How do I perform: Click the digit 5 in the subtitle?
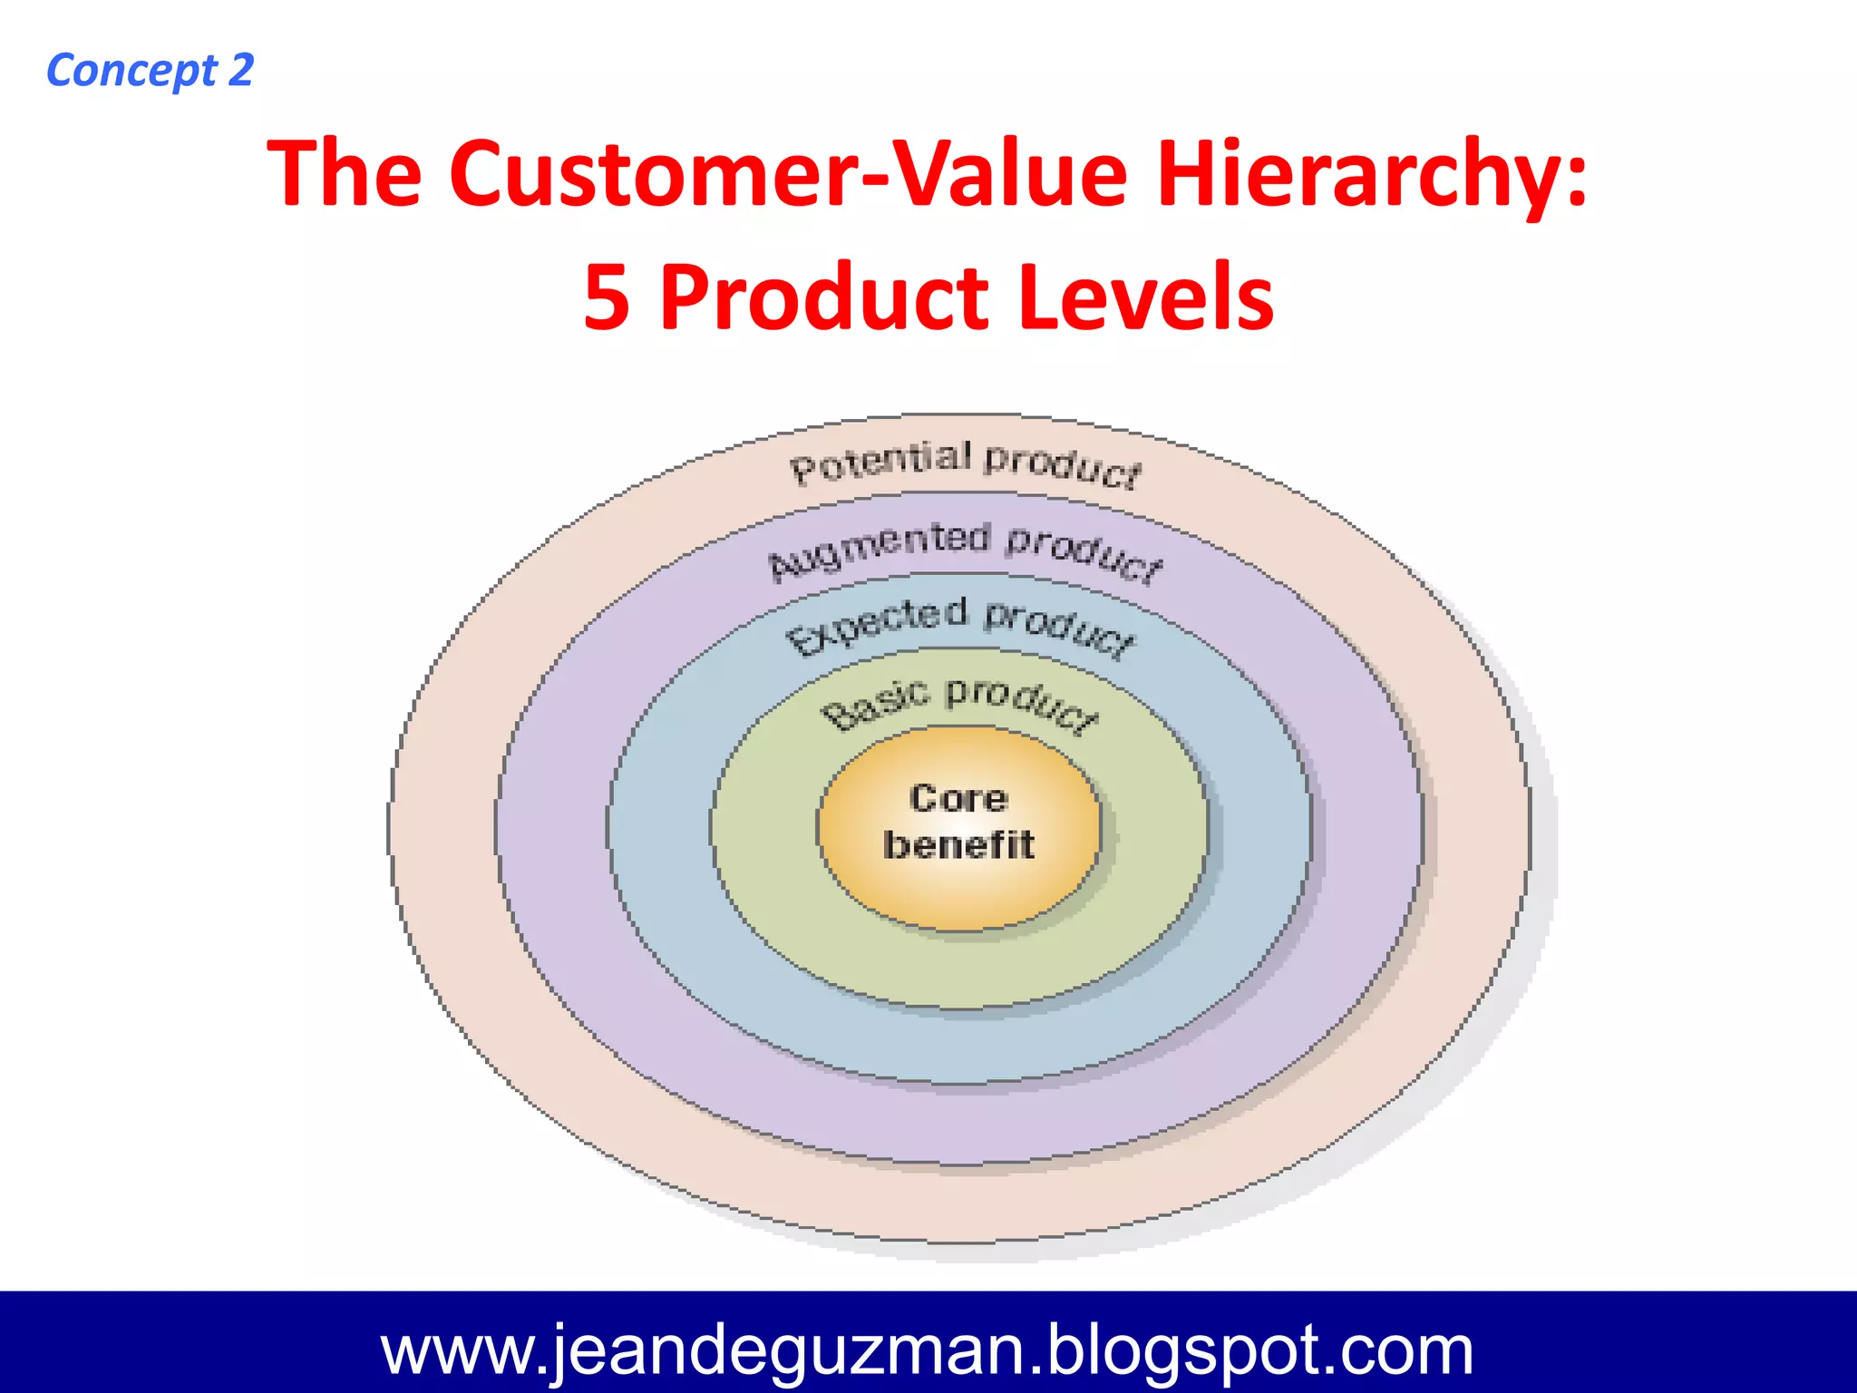[607, 297]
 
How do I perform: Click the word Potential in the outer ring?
[880, 463]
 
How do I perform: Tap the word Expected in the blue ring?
[876, 624]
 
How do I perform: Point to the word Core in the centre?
[958, 798]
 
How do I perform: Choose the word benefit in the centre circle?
[958, 844]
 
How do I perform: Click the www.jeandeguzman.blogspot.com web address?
[927, 1349]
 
